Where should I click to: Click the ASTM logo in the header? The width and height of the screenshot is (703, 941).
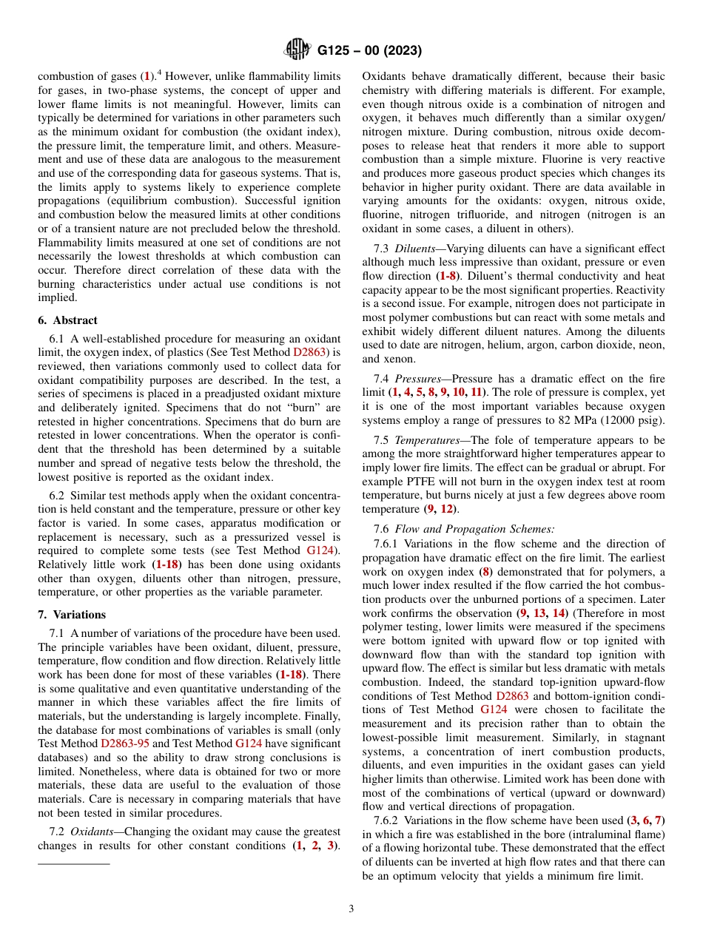click(297, 51)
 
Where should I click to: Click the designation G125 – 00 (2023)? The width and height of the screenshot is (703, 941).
click(369, 51)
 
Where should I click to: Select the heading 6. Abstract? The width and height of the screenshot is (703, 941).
click(67, 320)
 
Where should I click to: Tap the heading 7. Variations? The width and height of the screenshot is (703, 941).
click(72, 615)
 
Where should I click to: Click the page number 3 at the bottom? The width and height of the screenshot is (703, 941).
click(351, 908)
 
